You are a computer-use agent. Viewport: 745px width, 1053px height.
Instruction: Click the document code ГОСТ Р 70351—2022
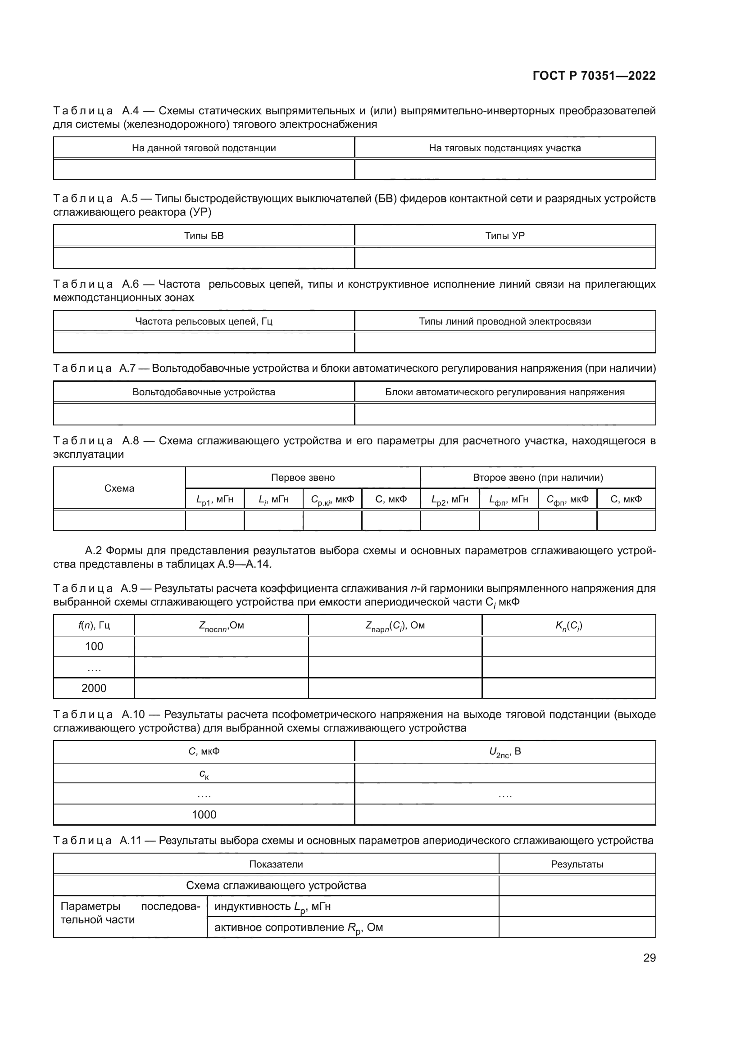coord(594,76)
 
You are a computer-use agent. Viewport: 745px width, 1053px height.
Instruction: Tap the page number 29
coord(649,958)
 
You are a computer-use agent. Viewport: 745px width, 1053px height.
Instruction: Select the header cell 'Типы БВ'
coord(204,236)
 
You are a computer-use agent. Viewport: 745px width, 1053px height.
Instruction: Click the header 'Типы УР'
coord(504,236)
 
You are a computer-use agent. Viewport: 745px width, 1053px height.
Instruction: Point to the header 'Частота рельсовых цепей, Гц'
coord(204,321)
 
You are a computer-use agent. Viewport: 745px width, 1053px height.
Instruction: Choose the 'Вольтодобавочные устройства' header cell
coord(204,392)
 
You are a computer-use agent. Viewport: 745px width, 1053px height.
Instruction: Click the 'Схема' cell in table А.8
coord(119,488)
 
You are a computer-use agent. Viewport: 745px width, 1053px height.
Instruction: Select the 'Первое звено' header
coord(303,477)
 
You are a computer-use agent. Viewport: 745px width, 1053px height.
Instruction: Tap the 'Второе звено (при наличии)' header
coord(538,477)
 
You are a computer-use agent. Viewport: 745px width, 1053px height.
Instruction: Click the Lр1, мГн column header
coord(215,499)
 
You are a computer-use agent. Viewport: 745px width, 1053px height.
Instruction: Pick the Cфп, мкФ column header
coord(567,499)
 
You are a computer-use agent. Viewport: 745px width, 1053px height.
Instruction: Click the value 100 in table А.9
coord(94,646)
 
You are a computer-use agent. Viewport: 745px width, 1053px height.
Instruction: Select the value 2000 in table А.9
coord(94,688)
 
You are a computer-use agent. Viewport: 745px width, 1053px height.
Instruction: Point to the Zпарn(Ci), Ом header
coord(395,626)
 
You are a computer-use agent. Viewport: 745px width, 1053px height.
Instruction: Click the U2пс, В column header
coord(504,752)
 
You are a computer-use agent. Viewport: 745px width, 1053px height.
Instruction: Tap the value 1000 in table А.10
coord(204,814)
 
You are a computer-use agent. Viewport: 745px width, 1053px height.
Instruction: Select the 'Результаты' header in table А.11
coord(577,864)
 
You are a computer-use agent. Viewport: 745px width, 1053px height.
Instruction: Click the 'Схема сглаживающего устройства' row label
coord(276,885)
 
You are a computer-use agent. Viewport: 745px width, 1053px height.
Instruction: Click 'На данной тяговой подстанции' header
coord(204,148)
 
